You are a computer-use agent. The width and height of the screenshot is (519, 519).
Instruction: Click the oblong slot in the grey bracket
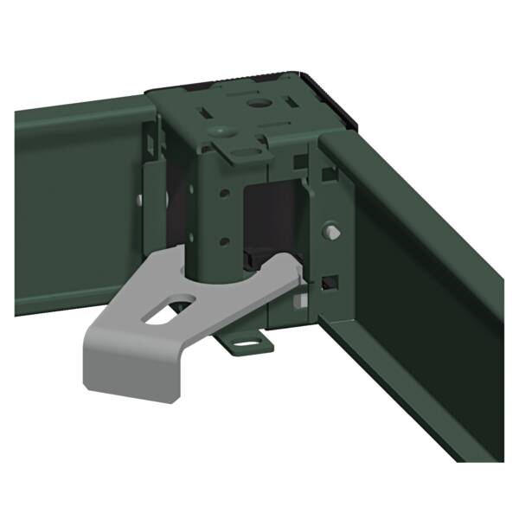171,310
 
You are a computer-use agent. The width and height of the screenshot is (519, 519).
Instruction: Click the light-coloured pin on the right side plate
333,230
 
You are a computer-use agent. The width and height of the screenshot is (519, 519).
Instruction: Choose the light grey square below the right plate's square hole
299,302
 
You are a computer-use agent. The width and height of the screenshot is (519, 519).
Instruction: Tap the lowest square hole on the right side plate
330,283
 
